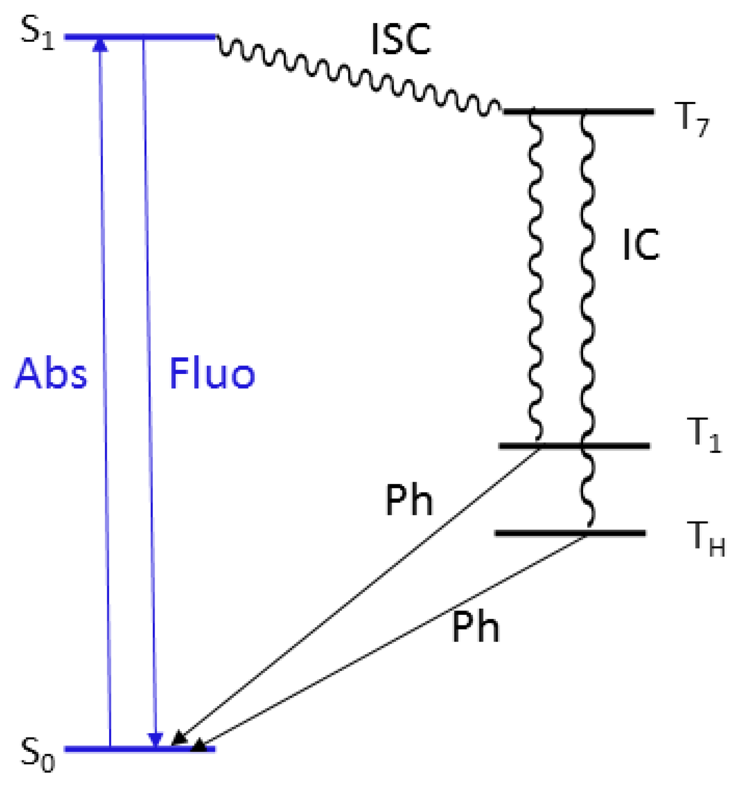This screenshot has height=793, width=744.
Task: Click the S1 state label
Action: coord(37,35)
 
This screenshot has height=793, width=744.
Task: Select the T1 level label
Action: coord(703,435)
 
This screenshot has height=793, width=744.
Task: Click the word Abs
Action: coord(51,374)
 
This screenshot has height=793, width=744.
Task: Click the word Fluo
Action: coord(212,374)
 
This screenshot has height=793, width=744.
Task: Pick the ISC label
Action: coord(401,39)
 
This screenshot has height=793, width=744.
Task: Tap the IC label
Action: coord(641,245)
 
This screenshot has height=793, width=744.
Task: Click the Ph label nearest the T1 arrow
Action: coord(409,500)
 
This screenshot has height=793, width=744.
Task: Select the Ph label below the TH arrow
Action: coord(475,627)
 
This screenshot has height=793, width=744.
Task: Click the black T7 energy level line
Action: coord(622,112)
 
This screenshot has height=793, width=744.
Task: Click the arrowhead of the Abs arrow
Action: coord(100,45)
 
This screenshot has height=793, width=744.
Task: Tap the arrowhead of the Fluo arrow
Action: coord(156,740)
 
